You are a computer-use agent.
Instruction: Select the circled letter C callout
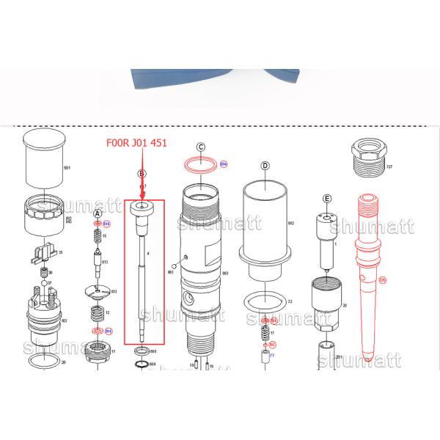coord(199,147)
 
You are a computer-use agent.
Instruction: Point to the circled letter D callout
coord(265,166)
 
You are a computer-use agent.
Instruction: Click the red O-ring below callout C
coord(199,166)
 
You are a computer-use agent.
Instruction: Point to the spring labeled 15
coord(96,237)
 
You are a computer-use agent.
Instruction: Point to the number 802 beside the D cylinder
coord(290,223)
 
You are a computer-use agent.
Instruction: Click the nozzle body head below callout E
coord(325,220)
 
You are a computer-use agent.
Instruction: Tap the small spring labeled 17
coord(265,332)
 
